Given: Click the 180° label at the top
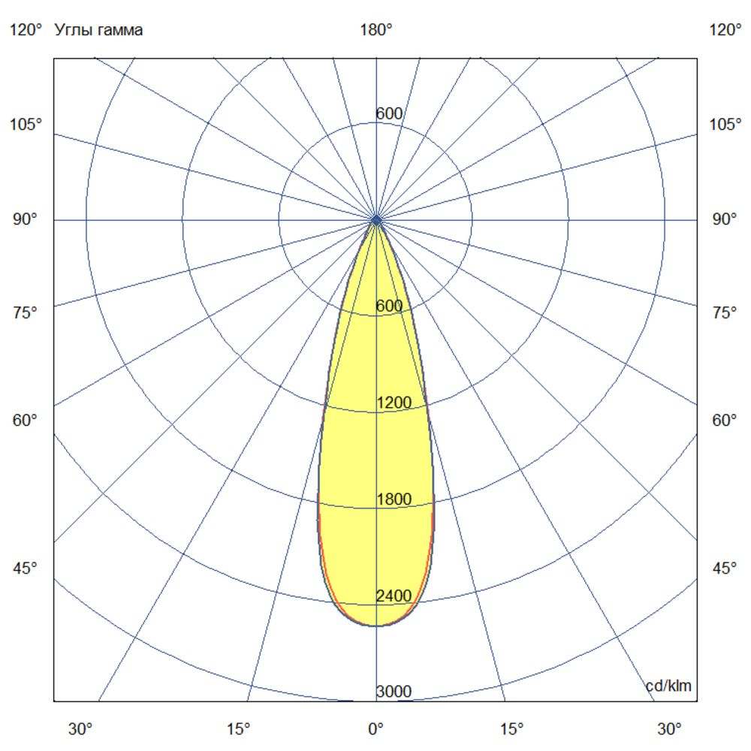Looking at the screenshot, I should [376, 30].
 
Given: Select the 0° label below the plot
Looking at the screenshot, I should [375, 728].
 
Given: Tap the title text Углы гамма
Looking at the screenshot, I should [98, 30].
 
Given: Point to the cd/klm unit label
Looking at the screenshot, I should [668, 686].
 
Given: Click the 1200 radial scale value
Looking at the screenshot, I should [394, 403].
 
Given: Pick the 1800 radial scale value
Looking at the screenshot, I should [394, 499].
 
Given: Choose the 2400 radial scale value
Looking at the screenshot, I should [394, 596].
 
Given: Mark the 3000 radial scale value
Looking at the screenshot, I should [394, 692].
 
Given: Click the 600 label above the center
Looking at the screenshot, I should [390, 114].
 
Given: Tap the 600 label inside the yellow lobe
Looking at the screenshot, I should [390, 306].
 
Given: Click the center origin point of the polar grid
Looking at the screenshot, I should [376, 220].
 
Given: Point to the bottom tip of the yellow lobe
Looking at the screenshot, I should [376, 626].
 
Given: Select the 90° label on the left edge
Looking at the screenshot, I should [24, 219].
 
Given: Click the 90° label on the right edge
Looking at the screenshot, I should [725, 219].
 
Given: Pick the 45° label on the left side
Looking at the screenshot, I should [24, 569].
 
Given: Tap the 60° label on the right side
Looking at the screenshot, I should [725, 420].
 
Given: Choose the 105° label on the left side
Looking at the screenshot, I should [26, 124].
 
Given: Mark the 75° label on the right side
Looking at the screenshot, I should [725, 313].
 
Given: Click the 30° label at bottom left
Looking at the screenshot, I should [81, 728].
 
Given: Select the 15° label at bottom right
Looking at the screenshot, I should [512, 728].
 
